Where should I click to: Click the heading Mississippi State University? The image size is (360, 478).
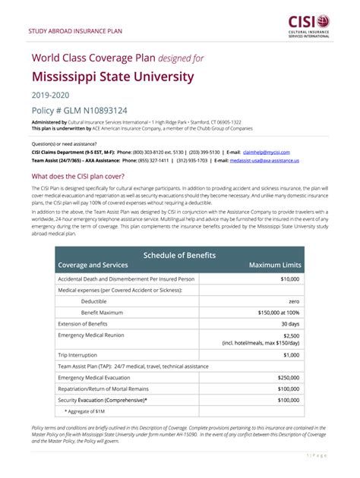pyautogui.click(x=112, y=77)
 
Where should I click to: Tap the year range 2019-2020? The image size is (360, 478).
pyautogui.click(x=50, y=95)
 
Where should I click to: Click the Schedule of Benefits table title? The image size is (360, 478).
pyautogui.click(x=179, y=254)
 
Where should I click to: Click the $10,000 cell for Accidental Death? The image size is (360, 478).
pyautogui.click(x=288, y=279)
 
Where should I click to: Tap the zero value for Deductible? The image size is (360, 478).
pyautogui.click(x=292, y=301)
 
